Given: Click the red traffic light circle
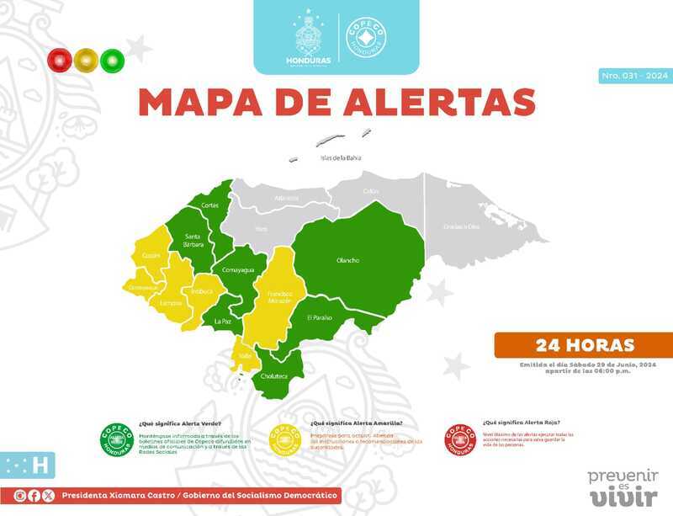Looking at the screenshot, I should coord(60,60).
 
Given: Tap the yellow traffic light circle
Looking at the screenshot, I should coord(86,60).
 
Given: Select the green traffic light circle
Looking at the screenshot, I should coord(112,60).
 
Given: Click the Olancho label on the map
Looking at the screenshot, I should coord(347,260).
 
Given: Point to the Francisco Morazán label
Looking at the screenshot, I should coord(279,296).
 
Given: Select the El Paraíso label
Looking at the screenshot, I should coord(320,317).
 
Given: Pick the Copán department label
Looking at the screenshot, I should coord(151,254).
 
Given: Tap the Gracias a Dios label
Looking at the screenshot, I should coord(461,226).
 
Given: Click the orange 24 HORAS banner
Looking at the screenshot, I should coord(585,345).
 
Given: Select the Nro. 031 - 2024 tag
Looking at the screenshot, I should coord(634,77).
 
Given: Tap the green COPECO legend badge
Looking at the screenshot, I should coord(116,439).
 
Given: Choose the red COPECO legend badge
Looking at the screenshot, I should coord(460,439).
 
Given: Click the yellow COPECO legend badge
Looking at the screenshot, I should coord(286,439).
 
